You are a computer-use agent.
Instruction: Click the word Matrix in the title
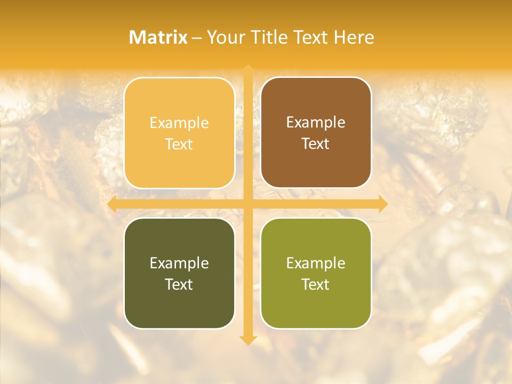point(158,37)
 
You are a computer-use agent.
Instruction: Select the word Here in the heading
point(354,37)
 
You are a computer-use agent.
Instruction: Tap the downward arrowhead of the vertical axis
point(247,340)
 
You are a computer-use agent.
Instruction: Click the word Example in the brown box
point(316,122)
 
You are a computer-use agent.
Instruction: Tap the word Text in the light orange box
point(179,144)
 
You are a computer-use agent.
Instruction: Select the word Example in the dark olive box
point(179,263)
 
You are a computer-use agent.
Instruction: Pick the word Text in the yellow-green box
point(316,284)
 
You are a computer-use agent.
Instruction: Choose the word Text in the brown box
point(316,143)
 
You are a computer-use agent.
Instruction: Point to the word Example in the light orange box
point(179,123)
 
